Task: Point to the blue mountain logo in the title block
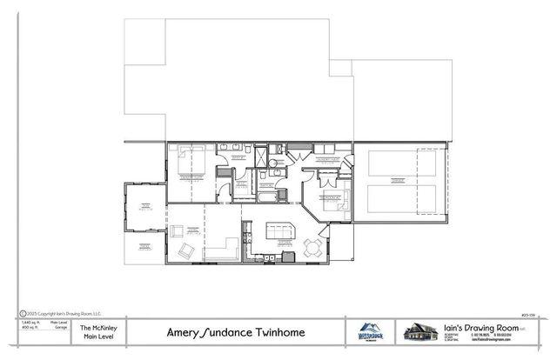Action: [369, 330]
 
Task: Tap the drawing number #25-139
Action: [527, 314]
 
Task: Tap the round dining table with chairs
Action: [312, 249]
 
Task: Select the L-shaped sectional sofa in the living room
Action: [228, 246]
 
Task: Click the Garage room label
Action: [397, 182]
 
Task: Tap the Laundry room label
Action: [326, 160]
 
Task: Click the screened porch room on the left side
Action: [142, 209]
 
